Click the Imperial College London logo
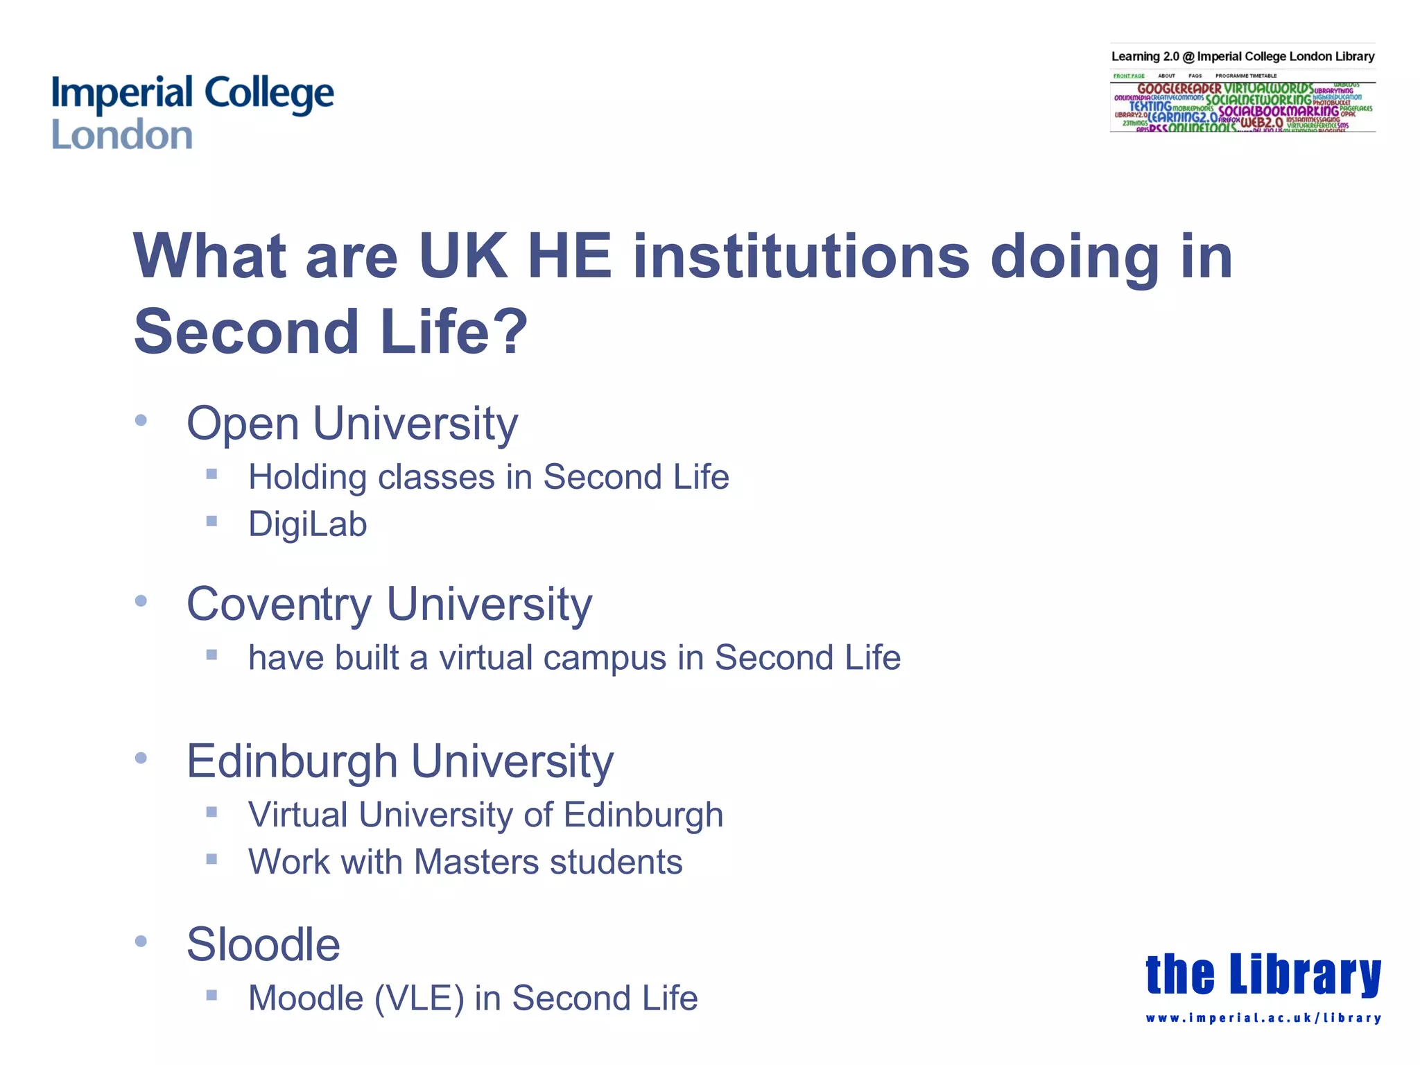click(192, 112)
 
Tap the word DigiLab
click(307, 524)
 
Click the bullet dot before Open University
click(141, 420)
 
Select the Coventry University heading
click(389, 605)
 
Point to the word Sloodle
click(263, 944)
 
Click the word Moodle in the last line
click(306, 998)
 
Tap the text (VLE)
click(419, 999)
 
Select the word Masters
click(476, 863)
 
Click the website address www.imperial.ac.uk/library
click(1263, 1019)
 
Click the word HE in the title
click(569, 257)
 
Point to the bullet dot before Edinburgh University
click(141, 758)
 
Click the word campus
click(605, 659)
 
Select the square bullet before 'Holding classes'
click(212, 474)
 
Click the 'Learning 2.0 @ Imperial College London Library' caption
click(1242, 57)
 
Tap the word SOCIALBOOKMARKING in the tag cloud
click(1279, 111)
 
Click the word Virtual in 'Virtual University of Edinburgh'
click(297, 815)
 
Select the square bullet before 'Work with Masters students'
click(212, 859)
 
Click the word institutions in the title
click(802, 257)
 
